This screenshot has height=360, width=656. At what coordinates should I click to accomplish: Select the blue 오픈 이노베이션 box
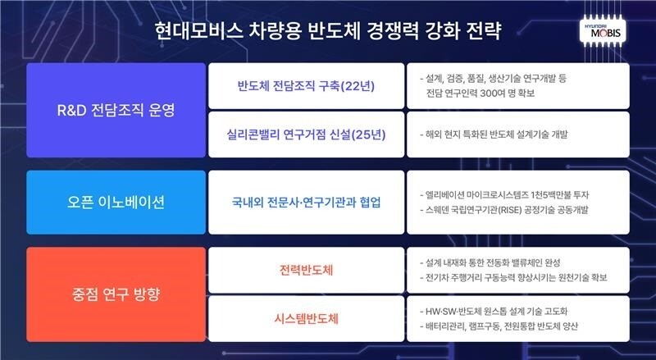click(116, 202)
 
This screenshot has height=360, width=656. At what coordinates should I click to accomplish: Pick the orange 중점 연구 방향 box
click(116, 294)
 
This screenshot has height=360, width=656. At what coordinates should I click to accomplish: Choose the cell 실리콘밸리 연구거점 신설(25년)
click(306, 134)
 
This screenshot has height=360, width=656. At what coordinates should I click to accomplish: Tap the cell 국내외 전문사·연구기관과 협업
click(306, 202)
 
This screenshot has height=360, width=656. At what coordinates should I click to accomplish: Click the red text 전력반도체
click(306, 270)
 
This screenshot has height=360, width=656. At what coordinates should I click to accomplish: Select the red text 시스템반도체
click(306, 317)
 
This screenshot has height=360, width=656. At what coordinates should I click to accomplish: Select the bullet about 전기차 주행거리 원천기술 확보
click(512, 278)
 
